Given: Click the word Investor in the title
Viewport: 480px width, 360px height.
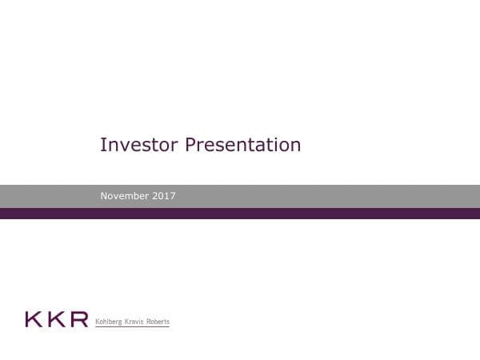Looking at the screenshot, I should pyautogui.click(x=139, y=145).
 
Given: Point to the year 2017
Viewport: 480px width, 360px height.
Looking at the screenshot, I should pyautogui.click(x=166, y=196).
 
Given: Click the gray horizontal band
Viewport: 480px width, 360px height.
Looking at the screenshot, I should pyautogui.click(x=320, y=196).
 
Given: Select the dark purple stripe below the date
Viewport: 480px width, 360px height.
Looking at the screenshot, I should pyautogui.click(x=240, y=214).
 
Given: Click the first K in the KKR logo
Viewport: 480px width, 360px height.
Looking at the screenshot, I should pyautogui.click(x=34, y=319).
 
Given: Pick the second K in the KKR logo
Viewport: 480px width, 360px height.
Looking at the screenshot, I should pyautogui.click(x=55, y=319).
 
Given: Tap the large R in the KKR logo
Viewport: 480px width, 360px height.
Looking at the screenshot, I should pyautogui.click(x=78, y=319).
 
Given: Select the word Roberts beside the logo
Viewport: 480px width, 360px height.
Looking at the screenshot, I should pyautogui.click(x=158, y=322).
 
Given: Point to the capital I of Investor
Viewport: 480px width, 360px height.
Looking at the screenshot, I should pyautogui.click(x=102, y=145).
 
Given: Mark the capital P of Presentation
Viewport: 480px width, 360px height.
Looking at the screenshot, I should pyautogui.click(x=190, y=145).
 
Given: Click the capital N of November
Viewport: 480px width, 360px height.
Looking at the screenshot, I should pyautogui.click(x=104, y=196).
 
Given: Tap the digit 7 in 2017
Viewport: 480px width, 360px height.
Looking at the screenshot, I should pyautogui.click(x=173, y=196).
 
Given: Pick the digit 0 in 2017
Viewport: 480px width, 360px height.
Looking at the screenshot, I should pyautogui.click(x=162, y=196).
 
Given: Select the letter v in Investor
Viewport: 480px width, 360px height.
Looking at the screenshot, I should pyautogui.click(x=120, y=146).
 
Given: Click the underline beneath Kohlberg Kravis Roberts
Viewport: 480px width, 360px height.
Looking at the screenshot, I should pyautogui.click(x=132, y=327).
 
